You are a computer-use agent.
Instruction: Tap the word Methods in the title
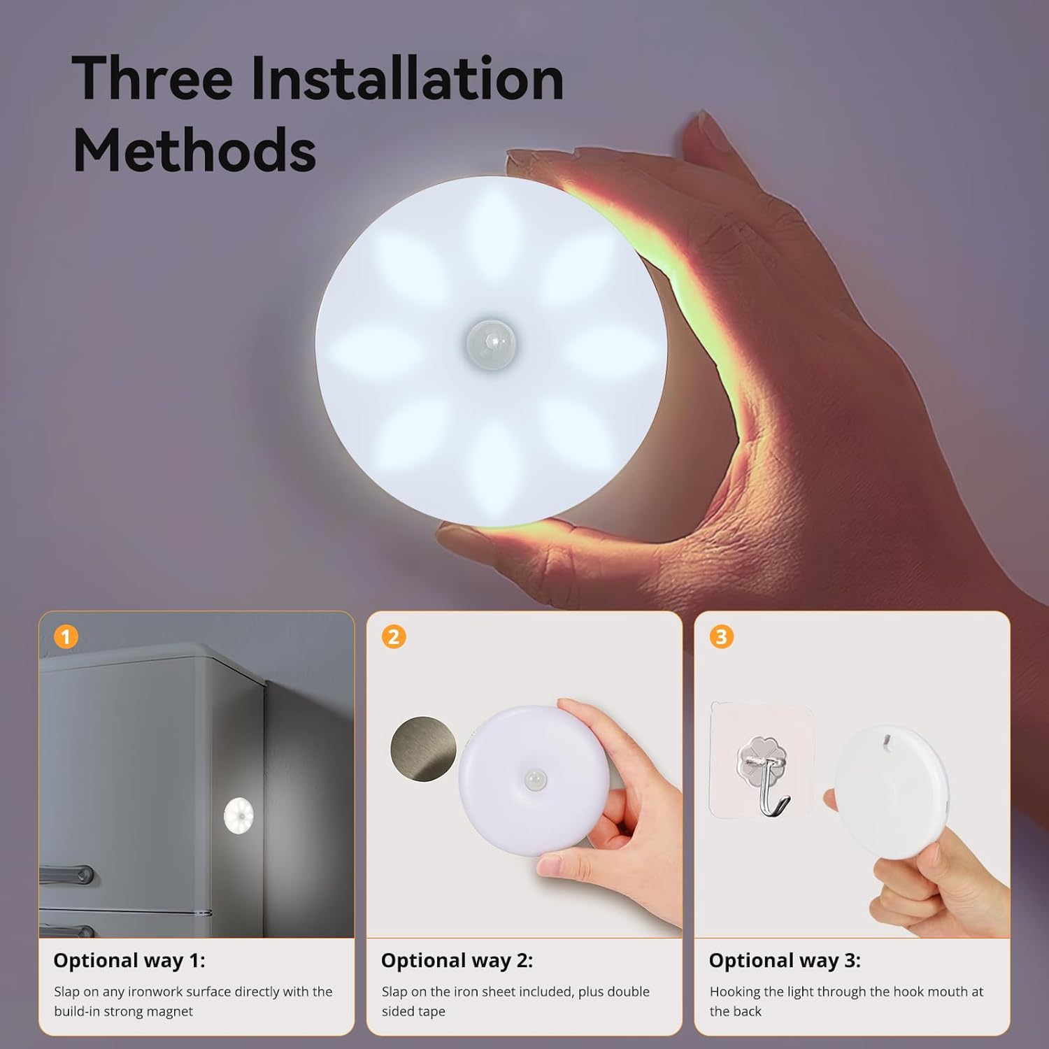coord(194,150)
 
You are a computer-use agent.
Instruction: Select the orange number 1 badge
coord(66,637)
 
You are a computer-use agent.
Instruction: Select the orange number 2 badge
coord(394,637)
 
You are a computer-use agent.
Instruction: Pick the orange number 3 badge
coord(721,637)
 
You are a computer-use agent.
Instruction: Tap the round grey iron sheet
coord(422,748)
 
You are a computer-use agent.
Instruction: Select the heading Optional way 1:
coord(129,961)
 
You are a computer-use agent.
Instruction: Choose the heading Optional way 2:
coord(457,961)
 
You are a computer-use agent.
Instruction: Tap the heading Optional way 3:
coord(785,961)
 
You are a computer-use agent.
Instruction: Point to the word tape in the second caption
coord(431,1011)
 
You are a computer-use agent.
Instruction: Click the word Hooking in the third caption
coord(735,992)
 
